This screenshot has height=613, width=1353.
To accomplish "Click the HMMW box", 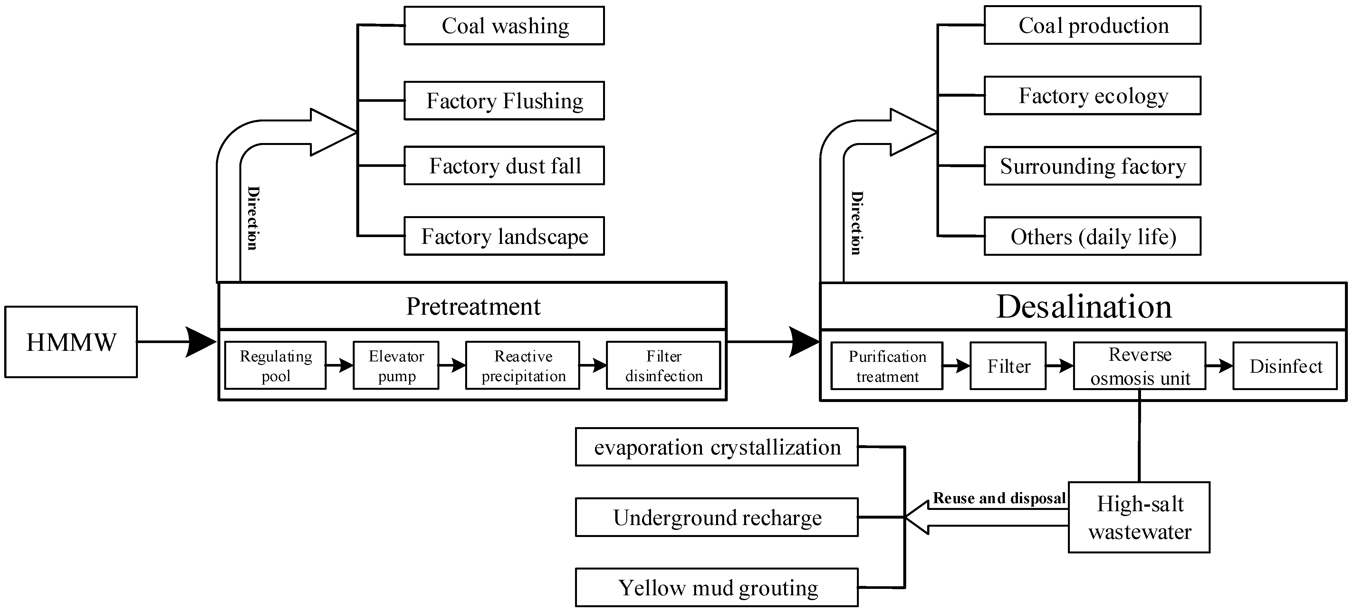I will (71, 342).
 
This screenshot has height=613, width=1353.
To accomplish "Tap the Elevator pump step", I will (396, 366).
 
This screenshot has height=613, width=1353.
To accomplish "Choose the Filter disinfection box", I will (663, 366).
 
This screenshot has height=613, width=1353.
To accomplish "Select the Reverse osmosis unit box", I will (1139, 366).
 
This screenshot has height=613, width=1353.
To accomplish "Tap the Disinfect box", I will (1285, 366).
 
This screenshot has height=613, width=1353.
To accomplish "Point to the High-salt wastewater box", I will (1139, 517).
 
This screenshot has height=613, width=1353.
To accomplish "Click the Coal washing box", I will (504, 26).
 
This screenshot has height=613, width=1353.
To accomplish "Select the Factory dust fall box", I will (504, 166).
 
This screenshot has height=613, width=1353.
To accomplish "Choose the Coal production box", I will (1092, 25).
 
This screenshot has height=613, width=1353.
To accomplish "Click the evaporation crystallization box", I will (717, 447).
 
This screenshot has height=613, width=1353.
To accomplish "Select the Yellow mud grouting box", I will (717, 587).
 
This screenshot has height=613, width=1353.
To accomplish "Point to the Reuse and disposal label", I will (999, 498).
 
